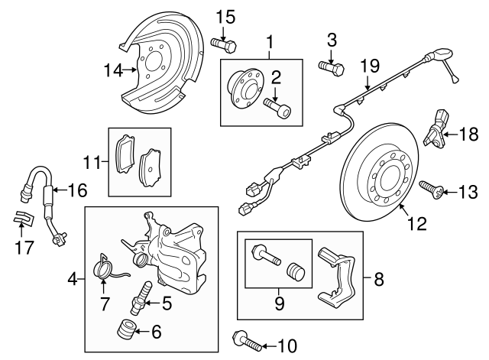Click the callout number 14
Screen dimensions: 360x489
click(x=113, y=70)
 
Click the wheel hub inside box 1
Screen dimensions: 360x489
click(x=244, y=86)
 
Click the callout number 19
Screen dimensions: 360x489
click(x=369, y=67)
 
